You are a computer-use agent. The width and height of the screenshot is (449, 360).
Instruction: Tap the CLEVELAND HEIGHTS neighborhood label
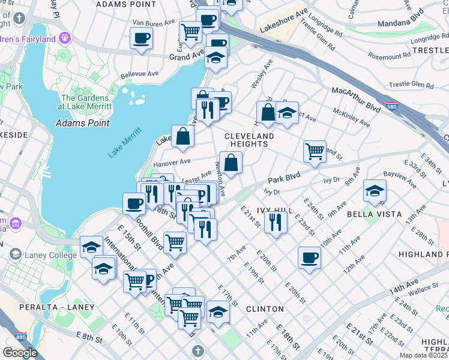(249, 140)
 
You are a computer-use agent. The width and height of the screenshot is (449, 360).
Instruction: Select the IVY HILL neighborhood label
(274, 211)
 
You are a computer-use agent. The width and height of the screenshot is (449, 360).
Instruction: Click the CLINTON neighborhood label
(265, 309)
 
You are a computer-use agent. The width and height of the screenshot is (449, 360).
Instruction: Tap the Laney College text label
(51, 255)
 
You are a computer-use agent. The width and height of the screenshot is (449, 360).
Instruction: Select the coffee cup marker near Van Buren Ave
(141, 38)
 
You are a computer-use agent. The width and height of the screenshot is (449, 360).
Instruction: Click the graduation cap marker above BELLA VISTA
(375, 191)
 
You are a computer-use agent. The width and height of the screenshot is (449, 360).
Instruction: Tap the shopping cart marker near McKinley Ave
(315, 151)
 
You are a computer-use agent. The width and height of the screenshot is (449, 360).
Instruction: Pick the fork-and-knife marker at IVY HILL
(276, 221)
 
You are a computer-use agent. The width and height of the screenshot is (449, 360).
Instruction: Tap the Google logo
(20, 353)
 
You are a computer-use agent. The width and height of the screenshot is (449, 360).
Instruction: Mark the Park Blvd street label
(283, 179)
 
